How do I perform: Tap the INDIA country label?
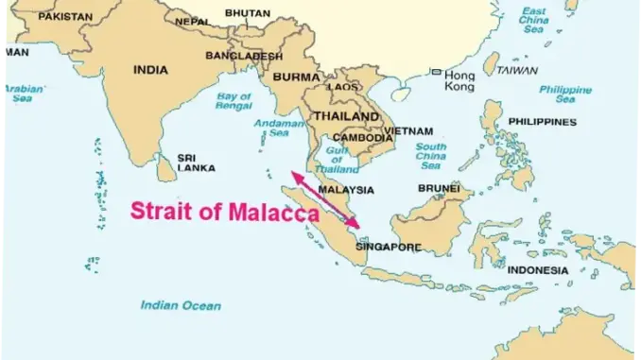150,69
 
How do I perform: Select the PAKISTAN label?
66,16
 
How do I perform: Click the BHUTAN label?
247,13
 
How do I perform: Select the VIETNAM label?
408,131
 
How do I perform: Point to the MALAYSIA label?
346,189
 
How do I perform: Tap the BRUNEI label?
439,188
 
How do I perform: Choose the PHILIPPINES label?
542,122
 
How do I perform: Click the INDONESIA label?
537,270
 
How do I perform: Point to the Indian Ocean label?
181,305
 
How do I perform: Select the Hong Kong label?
459,80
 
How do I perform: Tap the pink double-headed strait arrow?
324,199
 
